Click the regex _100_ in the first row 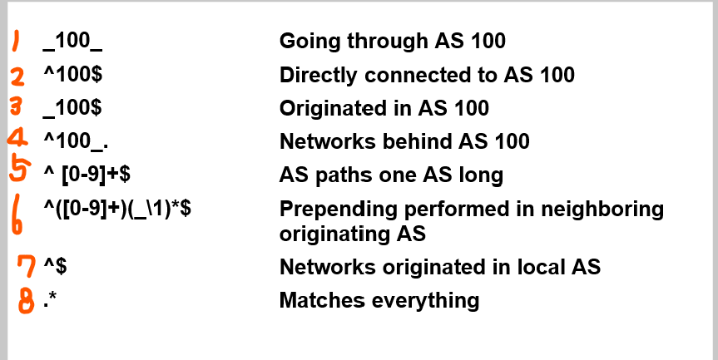(72, 42)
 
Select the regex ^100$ (72, 75)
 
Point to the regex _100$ (72, 108)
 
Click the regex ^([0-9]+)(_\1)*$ (117, 209)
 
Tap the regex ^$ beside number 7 (55, 267)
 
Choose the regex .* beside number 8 (50, 298)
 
